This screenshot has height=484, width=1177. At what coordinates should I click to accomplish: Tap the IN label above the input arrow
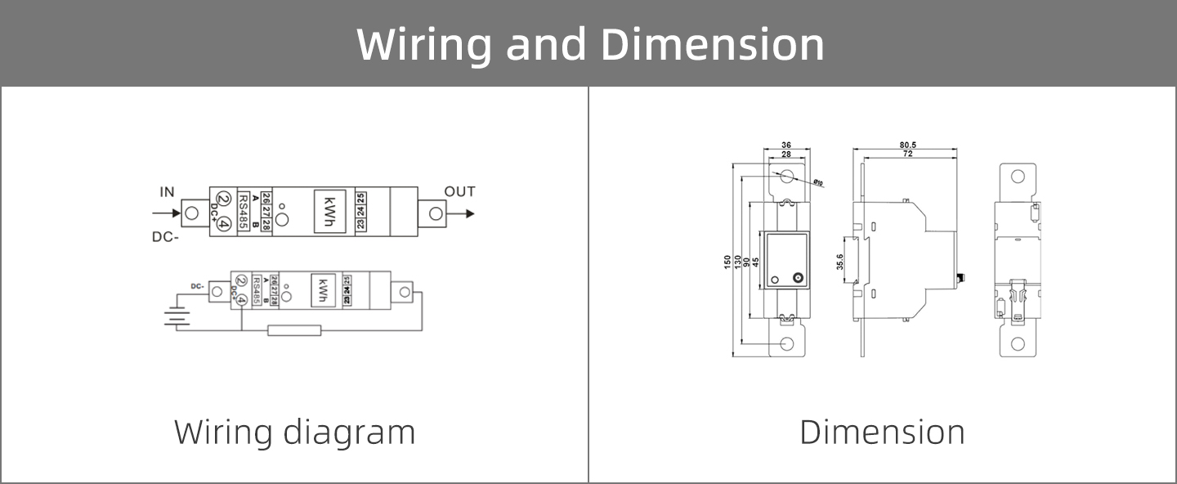[x=167, y=192]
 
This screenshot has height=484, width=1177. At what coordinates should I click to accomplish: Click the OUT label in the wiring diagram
[x=459, y=191]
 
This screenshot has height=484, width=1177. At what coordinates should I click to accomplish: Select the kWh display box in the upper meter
[x=329, y=212]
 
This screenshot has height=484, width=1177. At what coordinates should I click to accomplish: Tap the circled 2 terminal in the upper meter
[x=223, y=198]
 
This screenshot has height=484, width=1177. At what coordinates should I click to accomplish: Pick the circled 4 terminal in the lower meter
[x=242, y=300]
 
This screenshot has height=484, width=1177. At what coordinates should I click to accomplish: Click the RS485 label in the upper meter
[x=244, y=212]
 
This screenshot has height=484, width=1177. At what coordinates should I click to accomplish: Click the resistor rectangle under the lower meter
[x=294, y=330]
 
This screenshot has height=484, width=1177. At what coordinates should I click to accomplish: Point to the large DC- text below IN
[x=167, y=237]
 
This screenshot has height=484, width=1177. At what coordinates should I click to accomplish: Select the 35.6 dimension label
[x=839, y=262]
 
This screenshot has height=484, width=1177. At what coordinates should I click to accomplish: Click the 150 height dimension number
[x=727, y=262]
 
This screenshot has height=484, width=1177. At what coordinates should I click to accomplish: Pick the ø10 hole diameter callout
[x=818, y=183]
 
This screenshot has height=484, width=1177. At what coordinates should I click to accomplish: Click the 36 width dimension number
[x=786, y=145]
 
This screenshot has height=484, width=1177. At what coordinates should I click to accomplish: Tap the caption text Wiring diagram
[x=294, y=432]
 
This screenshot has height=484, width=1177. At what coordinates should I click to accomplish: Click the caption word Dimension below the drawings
[x=882, y=432]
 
